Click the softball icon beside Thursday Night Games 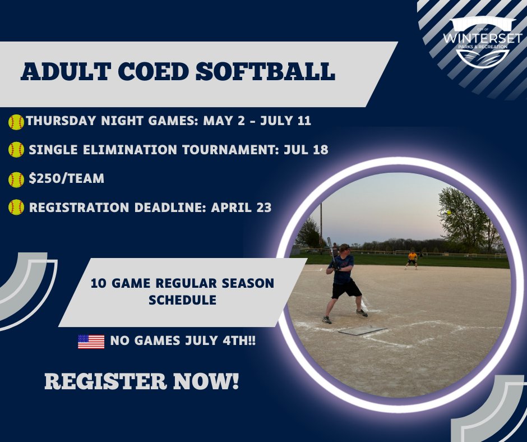pyautogui.click(x=16, y=122)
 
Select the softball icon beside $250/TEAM pyautogui.click(x=16, y=179)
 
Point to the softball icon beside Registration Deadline pyautogui.click(x=16, y=208)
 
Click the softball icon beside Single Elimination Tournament pyautogui.click(x=16, y=150)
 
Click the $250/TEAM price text pyautogui.click(x=67, y=179)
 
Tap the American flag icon pyautogui.click(x=91, y=342)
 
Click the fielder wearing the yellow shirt pyautogui.click(x=412, y=259)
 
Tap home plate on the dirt pyautogui.click(x=362, y=330)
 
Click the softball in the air pyautogui.click(x=449, y=212)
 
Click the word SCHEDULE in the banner pyautogui.click(x=182, y=300)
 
